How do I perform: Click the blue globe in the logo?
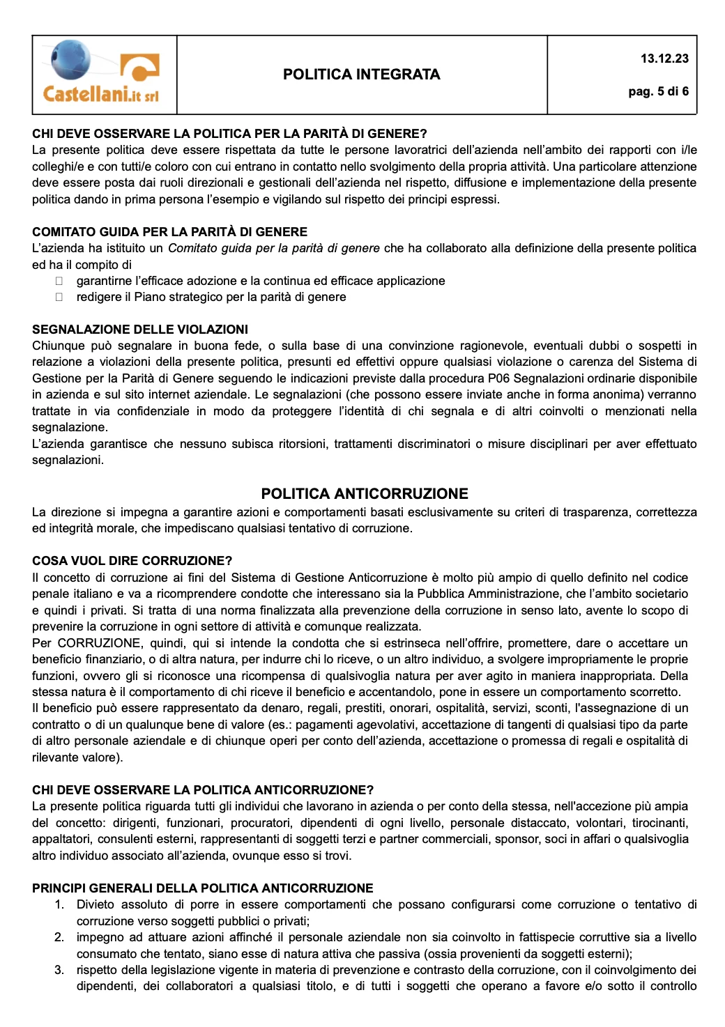click(x=70, y=59)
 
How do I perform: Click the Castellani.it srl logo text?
click(x=101, y=94)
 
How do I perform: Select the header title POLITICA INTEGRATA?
click(x=361, y=75)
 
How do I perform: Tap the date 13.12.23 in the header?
click(x=664, y=59)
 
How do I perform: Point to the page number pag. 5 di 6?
click(x=658, y=91)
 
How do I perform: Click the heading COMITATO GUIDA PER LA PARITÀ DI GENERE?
click(x=169, y=232)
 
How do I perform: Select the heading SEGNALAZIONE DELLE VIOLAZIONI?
click(x=140, y=330)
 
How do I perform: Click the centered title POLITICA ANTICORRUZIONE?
click(x=365, y=494)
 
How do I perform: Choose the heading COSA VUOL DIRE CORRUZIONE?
click(x=132, y=561)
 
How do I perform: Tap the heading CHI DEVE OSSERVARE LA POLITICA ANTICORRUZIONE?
click(x=203, y=790)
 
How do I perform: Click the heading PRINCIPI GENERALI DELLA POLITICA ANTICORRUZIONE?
click(x=203, y=888)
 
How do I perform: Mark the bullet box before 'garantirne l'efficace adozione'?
click(x=59, y=281)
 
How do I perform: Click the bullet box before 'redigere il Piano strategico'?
click(x=59, y=297)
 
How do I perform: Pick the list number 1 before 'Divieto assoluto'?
click(x=59, y=904)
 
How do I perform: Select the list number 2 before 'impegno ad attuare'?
click(x=59, y=937)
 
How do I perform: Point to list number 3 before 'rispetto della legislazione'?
click(x=59, y=970)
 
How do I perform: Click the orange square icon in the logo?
click(x=140, y=68)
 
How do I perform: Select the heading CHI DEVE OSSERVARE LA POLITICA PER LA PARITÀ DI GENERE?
click(x=229, y=134)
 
